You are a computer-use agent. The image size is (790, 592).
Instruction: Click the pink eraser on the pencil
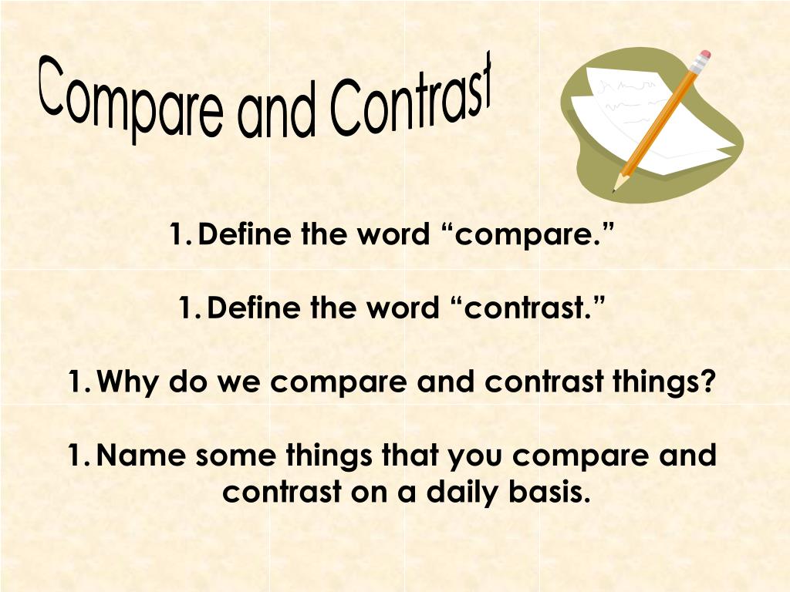click(x=704, y=58)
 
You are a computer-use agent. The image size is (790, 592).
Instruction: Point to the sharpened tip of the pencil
click(x=615, y=190)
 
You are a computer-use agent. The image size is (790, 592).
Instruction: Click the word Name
click(x=143, y=456)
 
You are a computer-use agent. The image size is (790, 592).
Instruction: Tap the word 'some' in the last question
click(x=234, y=456)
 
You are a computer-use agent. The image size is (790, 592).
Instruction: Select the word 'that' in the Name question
click(x=411, y=456)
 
